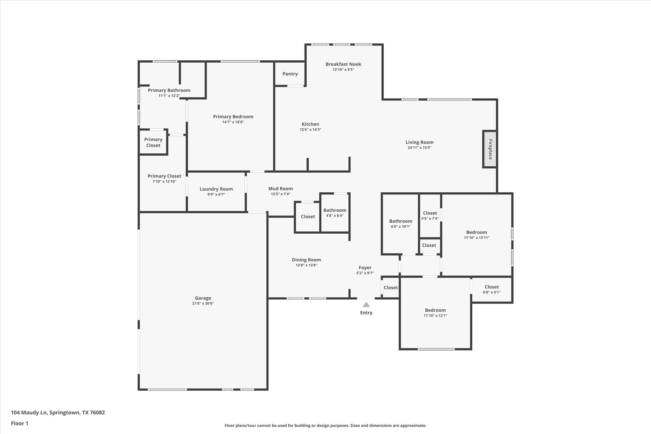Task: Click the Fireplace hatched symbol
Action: [x=490, y=149]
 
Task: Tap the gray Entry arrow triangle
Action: [x=366, y=305]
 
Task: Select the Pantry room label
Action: [x=290, y=74]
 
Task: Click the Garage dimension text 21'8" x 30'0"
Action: [x=203, y=303]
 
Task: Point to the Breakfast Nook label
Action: [x=343, y=64]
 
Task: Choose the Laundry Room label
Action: [x=216, y=189]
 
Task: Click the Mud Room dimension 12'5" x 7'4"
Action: [x=280, y=194]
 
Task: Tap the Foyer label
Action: [x=365, y=268]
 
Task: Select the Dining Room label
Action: [x=306, y=260]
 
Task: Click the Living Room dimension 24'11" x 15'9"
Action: [x=420, y=148]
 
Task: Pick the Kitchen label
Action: [x=310, y=124]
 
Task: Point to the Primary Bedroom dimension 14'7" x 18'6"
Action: [x=233, y=122]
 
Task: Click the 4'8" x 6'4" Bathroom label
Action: [x=335, y=210]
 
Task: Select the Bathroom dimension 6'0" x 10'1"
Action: [x=401, y=227]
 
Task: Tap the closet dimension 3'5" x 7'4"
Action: [x=430, y=218]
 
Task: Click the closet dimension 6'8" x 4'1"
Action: [x=491, y=292]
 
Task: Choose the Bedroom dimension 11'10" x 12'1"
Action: [x=435, y=315]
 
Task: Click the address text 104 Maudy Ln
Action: [x=29, y=412]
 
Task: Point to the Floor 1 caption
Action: [x=20, y=423]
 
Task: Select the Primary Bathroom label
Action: [x=169, y=90]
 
